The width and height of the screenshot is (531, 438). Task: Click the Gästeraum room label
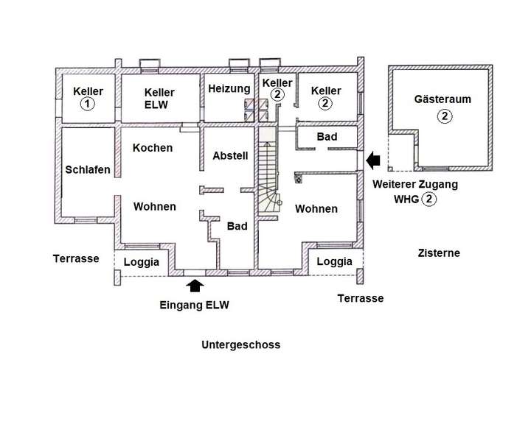point(442,98)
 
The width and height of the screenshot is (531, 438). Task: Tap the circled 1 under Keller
point(88,105)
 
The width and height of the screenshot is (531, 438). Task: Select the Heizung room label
point(229,88)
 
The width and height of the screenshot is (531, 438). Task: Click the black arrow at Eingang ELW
point(195,285)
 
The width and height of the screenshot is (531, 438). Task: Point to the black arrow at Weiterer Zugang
point(374,158)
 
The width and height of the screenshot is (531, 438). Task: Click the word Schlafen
point(87,169)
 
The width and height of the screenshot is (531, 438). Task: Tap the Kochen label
point(153,147)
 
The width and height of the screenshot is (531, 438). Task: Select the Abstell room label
point(230,156)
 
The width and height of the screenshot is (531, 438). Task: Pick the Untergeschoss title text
point(240,345)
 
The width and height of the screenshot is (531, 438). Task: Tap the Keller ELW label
point(159,98)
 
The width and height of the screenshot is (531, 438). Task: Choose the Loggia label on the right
point(334,261)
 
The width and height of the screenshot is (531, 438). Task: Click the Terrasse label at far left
point(76,258)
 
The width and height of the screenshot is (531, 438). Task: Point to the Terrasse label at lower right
point(360,298)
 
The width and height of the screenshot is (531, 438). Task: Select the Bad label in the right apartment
point(327,138)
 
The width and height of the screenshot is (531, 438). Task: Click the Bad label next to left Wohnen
point(237,226)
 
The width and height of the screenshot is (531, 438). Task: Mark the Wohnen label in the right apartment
point(316,209)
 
